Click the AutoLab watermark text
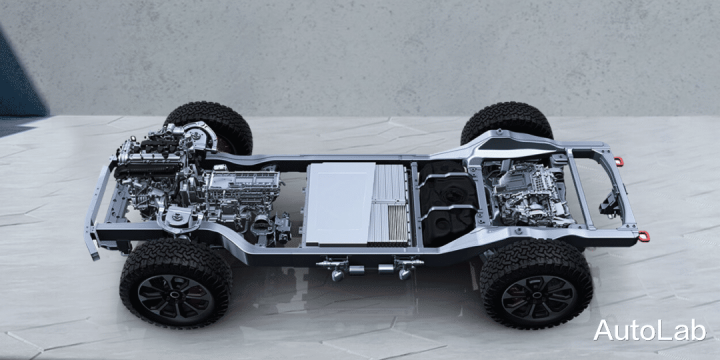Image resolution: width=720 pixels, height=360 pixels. click(649, 330)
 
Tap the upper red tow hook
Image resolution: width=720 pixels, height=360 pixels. click(619, 162)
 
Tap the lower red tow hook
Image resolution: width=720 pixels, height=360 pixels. click(644, 236)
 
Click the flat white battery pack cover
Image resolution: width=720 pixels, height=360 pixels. click(341, 203)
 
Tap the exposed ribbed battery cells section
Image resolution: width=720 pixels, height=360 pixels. click(389, 203)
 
